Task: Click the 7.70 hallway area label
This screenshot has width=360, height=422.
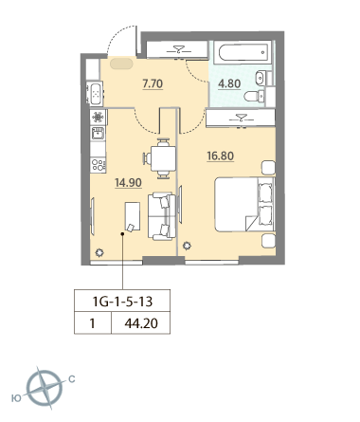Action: point(153,83)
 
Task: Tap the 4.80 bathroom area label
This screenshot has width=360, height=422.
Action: point(229,83)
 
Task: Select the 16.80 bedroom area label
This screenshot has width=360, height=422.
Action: point(221,156)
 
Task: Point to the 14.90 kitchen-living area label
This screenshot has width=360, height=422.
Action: point(128,183)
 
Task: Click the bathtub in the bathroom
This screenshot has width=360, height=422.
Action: point(243,53)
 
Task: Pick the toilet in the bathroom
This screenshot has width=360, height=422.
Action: point(254,96)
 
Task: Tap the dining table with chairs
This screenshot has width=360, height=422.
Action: point(161,158)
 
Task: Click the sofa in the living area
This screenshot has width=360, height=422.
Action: point(162,216)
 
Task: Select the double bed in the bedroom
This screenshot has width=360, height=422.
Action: point(244,204)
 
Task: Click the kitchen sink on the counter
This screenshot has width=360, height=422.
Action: point(98,133)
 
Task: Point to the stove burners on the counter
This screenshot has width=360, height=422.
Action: point(98,165)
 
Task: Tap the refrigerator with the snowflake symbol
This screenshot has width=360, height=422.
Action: point(99,118)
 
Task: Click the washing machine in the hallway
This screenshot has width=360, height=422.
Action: point(95,93)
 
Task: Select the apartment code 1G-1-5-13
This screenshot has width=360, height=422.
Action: point(122,302)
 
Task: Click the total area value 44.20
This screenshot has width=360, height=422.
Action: point(141,323)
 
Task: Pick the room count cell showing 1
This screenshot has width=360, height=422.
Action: point(93,323)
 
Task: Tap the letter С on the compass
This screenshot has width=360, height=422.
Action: point(72,378)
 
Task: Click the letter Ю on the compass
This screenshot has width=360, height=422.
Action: point(16,398)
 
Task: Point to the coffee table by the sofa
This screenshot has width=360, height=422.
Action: point(133,217)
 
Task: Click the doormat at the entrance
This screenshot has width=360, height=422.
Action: point(121,64)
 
